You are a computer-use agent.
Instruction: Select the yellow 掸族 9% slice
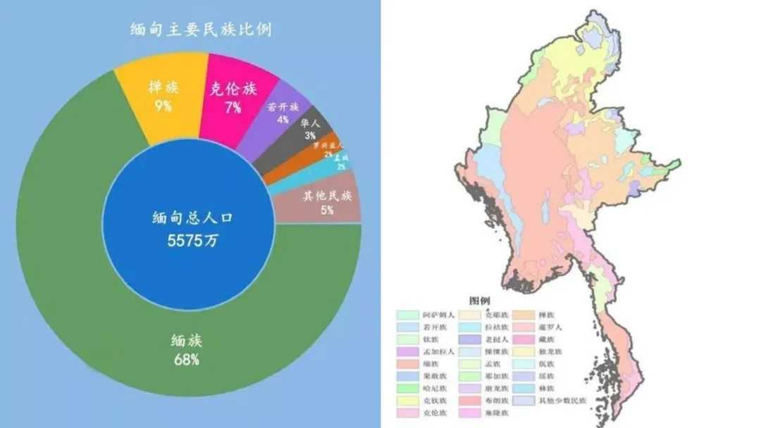(163, 95)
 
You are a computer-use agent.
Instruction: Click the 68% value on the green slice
(187, 360)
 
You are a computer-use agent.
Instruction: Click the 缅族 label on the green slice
(187, 341)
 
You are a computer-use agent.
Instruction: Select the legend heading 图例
(480, 301)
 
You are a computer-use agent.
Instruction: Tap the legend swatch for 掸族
(523, 315)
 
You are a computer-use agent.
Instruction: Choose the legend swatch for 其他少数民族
(523, 401)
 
